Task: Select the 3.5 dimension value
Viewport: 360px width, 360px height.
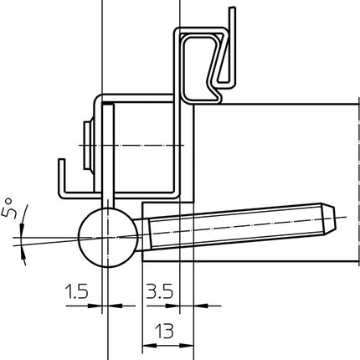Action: pyautogui.click(x=160, y=293)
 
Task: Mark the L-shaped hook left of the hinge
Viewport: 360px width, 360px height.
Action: pyautogui.click(x=61, y=180)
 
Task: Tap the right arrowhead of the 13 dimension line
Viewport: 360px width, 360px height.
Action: pyautogui.click(x=190, y=345)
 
